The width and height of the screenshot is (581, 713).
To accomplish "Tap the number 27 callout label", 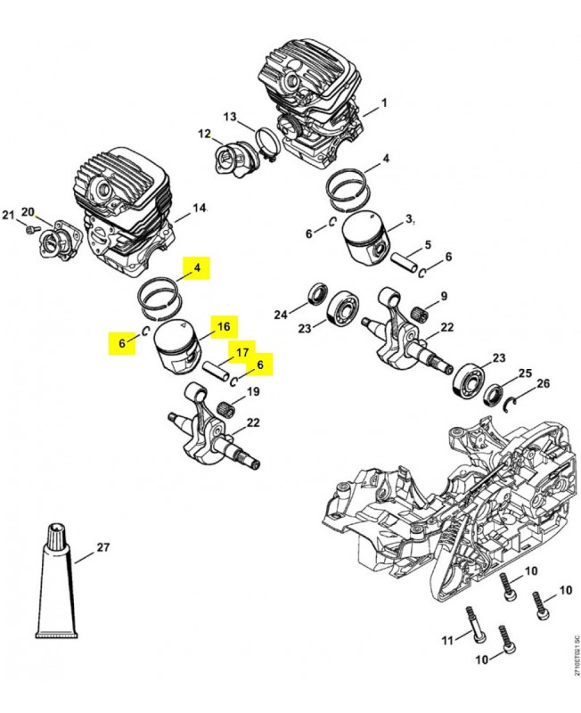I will tap(102, 547).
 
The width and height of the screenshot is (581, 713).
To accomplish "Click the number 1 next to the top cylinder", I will tap(384, 103).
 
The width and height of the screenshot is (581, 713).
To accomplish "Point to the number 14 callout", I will tap(199, 209).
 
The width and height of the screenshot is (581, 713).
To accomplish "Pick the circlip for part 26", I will tap(513, 406).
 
